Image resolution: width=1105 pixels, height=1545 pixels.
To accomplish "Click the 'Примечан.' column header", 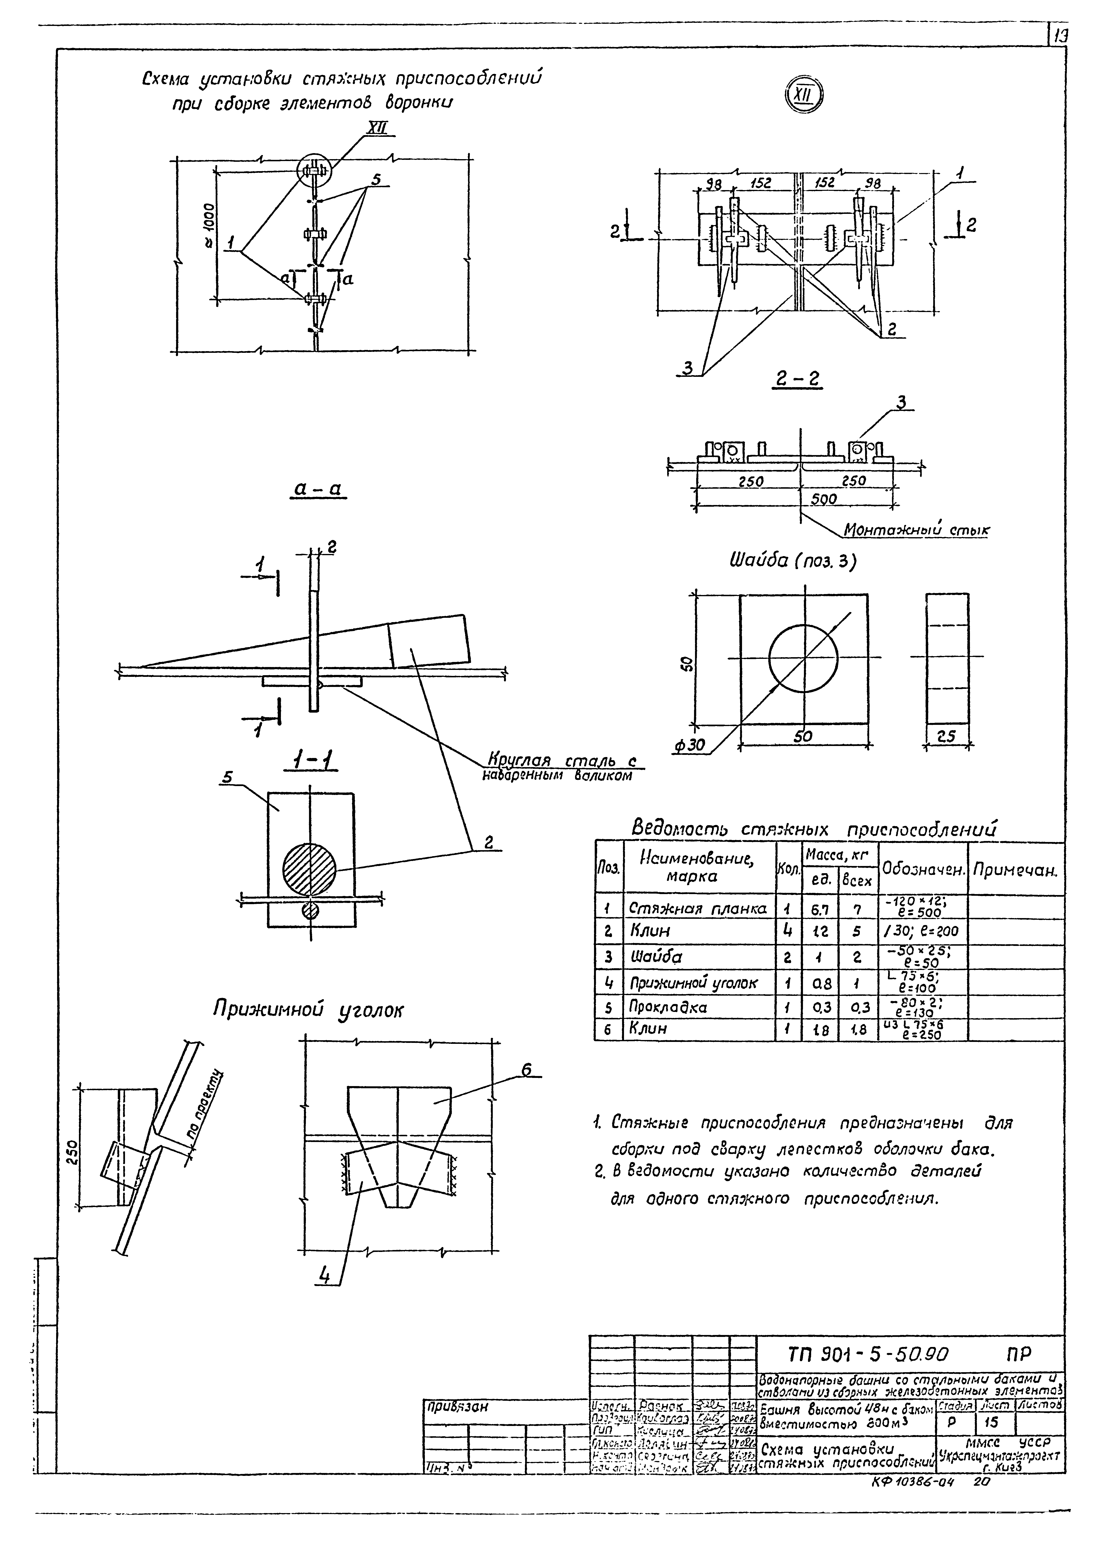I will coord(1015,870).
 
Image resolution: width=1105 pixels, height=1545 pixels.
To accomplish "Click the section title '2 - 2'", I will coord(797,379).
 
